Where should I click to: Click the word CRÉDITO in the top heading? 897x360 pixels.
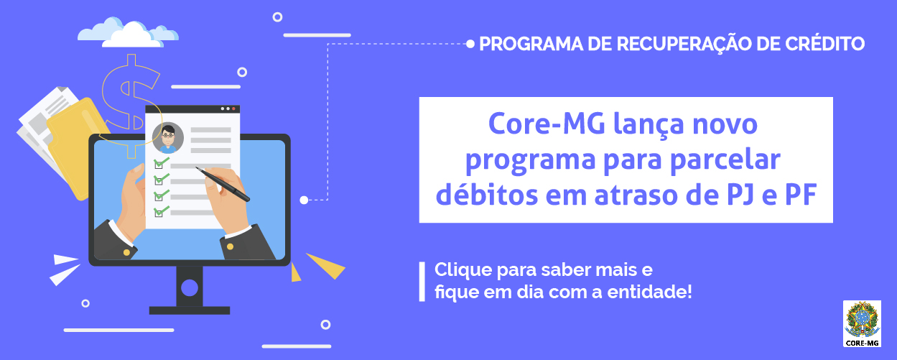[824, 43]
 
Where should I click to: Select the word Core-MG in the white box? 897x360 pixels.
[547, 124]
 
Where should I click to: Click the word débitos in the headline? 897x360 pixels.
[486, 194]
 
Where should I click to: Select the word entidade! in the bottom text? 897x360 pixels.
[649, 292]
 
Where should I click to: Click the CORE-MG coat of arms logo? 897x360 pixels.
[862, 323]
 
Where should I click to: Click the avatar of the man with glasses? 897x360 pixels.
[168, 138]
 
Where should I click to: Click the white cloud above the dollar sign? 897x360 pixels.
[128, 33]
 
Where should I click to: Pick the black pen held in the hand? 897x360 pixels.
[222, 184]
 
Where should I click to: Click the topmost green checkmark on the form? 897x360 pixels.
[161, 162]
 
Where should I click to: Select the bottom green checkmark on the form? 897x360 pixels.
[161, 211]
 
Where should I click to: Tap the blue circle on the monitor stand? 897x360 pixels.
[190, 287]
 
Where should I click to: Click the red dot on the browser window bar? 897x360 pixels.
[234, 109]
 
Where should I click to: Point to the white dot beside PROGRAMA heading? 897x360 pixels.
[470, 44]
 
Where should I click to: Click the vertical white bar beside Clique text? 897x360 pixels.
[422, 282]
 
